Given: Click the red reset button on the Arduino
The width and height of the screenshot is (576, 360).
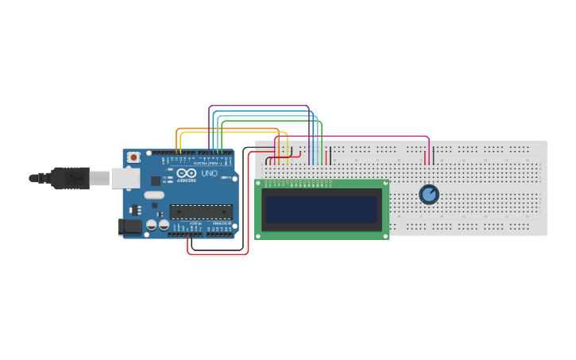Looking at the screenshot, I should (x=133, y=157).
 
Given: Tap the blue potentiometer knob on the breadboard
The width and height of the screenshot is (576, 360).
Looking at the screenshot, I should (x=429, y=194).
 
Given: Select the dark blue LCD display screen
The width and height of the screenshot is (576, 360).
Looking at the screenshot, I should (x=322, y=210).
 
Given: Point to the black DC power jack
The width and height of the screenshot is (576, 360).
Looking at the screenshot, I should (x=130, y=226).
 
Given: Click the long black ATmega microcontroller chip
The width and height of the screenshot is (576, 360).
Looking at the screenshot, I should (x=201, y=211).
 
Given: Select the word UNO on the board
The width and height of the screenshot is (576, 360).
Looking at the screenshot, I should (x=209, y=173).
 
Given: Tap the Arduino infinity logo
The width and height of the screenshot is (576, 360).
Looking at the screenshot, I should (x=187, y=173).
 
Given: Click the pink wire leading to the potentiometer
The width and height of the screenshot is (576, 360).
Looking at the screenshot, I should (x=358, y=136).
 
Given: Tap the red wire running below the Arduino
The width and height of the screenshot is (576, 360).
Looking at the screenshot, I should (x=218, y=254).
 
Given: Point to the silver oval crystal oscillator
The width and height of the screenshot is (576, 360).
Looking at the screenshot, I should (x=154, y=195).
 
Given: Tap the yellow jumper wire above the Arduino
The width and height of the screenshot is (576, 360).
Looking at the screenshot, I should (x=230, y=132).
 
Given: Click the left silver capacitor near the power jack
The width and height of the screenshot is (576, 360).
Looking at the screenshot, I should (x=151, y=226).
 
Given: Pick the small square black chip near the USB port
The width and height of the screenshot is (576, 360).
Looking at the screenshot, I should (x=156, y=181).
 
